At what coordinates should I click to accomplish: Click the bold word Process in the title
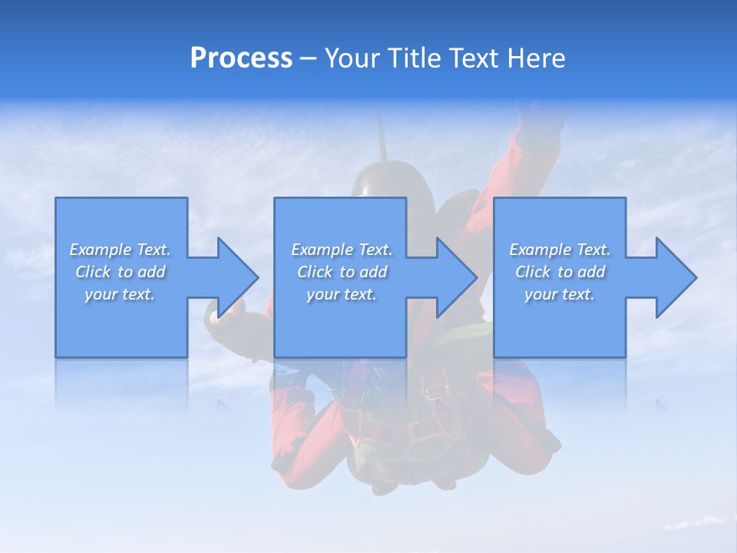tap(241, 58)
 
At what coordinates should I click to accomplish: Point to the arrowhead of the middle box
tap(455, 277)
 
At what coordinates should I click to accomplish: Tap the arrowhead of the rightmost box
tap(675, 277)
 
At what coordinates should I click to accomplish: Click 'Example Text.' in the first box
tap(120, 250)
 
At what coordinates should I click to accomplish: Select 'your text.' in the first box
tap(120, 294)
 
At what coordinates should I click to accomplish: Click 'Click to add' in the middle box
tap(342, 272)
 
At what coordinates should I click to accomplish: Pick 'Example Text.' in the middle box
tap(342, 250)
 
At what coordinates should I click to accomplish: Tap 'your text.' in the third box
tap(560, 294)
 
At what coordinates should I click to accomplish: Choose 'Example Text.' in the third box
tap(560, 250)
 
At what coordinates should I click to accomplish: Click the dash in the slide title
tap(309, 59)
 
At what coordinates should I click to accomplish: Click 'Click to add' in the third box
tap(560, 272)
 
